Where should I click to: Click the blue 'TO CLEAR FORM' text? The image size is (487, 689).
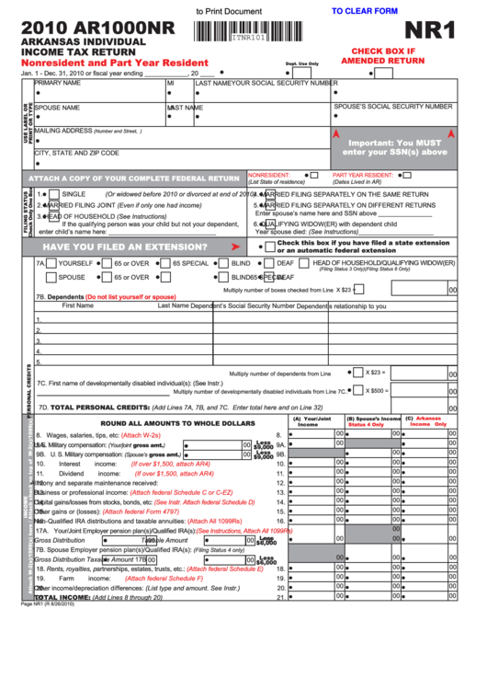[x=364, y=11]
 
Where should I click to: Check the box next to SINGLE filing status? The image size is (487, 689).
[x=54, y=194]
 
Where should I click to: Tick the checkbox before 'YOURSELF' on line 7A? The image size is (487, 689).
[x=51, y=263]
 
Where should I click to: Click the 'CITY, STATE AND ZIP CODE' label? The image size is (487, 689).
[x=76, y=153]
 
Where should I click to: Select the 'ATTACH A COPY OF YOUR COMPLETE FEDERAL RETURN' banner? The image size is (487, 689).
[x=134, y=178]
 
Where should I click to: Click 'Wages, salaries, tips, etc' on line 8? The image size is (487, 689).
[x=90, y=433]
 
